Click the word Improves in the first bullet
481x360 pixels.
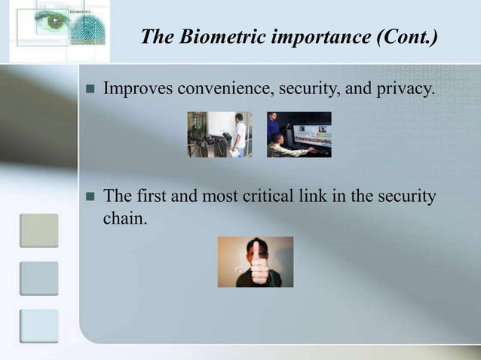point(135,90)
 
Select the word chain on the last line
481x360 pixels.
point(121,221)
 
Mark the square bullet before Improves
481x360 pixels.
point(88,91)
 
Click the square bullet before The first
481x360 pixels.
point(88,198)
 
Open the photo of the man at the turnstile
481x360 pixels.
point(219,134)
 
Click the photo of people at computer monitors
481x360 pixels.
point(299,134)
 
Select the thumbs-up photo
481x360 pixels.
point(255,261)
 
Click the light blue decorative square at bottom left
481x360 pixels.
point(38,325)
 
